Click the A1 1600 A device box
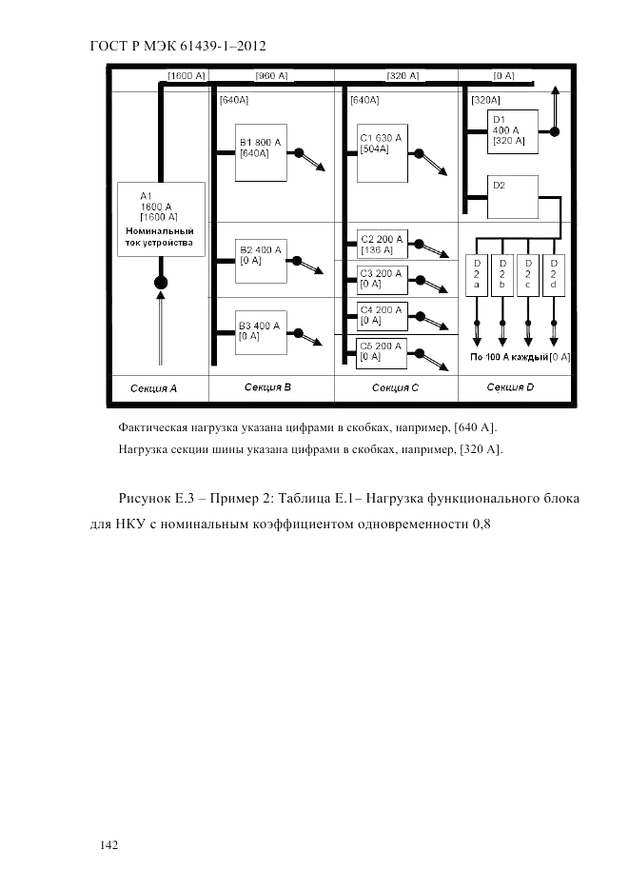160,219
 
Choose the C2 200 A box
382,244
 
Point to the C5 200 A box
382,352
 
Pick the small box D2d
553,274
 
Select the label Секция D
511,387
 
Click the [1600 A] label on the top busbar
187,75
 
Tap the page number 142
109,843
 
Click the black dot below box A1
160,283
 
